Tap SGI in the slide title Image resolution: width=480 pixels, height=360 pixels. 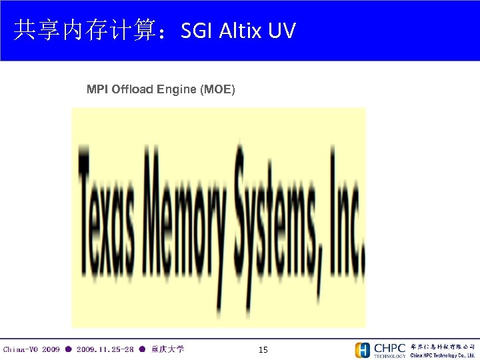tap(197, 30)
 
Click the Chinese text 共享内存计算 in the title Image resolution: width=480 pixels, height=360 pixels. tap(85, 30)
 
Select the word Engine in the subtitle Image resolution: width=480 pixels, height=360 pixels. tap(177, 89)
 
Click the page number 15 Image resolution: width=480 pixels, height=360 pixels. tap(263, 349)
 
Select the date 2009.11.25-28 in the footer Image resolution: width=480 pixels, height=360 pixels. tap(105, 349)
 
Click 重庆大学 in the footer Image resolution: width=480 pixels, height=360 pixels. tap(168, 349)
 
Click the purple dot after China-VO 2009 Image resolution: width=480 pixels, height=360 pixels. tap(68, 349)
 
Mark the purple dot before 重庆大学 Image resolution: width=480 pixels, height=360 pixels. tap(142, 349)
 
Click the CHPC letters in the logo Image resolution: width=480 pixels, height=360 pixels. tap(390, 347)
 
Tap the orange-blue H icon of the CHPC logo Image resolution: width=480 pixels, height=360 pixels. tap(363, 350)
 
